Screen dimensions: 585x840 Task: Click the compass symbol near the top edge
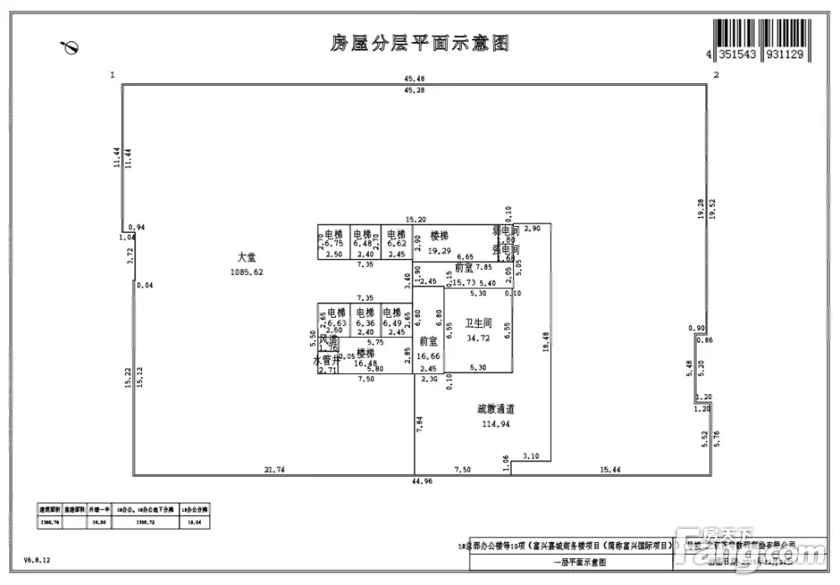pos(70,48)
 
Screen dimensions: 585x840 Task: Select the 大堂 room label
pos(246,258)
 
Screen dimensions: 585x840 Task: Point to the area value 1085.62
pos(247,271)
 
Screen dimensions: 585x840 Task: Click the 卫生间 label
pos(479,324)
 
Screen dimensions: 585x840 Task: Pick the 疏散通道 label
pos(495,409)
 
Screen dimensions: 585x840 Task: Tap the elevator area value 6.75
pos(334,244)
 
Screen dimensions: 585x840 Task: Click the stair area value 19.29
pos(439,250)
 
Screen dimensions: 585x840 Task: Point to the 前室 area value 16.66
pos(428,356)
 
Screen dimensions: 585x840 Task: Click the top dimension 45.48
pos(413,80)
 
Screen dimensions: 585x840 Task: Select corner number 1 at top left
pos(112,76)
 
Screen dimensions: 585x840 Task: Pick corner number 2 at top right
pos(715,76)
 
